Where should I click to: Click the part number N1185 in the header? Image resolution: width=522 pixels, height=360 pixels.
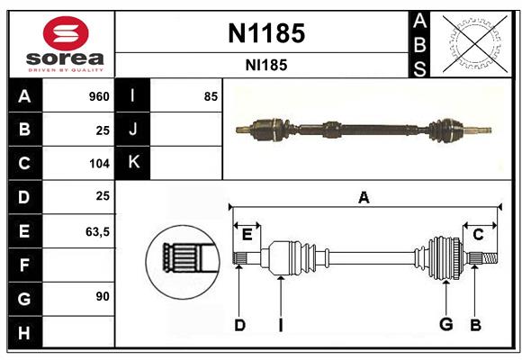(266, 34)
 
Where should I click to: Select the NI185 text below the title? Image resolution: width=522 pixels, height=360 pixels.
(266, 65)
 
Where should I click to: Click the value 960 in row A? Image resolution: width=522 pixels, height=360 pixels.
(98, 96)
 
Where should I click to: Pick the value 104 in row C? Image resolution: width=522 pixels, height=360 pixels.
(98, 164)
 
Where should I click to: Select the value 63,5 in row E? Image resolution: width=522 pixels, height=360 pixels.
(96, 231)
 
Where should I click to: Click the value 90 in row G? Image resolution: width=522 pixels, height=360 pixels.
(102, 296)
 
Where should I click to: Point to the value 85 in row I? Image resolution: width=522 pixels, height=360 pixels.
(210, 96)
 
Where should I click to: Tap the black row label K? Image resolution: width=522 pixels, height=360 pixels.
(133, 163)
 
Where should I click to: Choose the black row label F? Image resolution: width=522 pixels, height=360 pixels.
(24, 265)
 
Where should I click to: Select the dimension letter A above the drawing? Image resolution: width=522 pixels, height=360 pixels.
(364, 198)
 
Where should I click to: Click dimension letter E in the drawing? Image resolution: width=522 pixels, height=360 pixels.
(247, 234)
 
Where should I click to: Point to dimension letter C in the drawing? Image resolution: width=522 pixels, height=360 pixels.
(478, 234)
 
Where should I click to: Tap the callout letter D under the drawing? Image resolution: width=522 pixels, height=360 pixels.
(238, 325)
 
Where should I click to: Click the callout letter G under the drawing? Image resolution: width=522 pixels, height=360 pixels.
(445, 325)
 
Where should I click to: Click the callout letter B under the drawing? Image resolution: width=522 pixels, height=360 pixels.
(475, 325)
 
